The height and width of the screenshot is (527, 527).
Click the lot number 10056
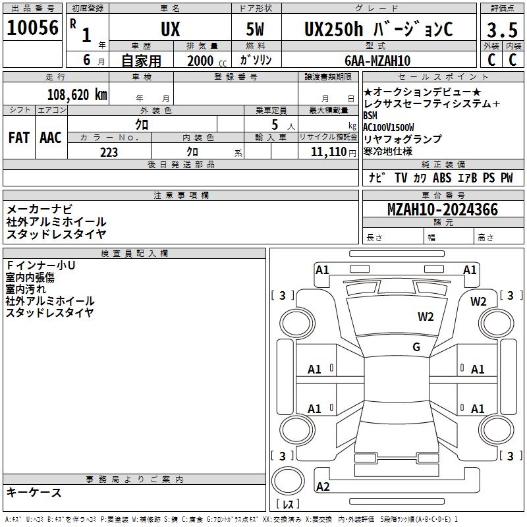(x=33, y=28)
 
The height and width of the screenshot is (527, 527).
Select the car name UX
(x=170, y=30)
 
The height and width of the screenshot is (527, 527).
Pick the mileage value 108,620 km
(x=76, y=94)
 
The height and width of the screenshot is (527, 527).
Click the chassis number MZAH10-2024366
(x=443, y=209)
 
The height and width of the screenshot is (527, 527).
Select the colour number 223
(x=109, y=152)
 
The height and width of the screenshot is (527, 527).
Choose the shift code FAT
(x=19, y=137)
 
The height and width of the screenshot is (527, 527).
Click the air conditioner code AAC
(x=51, y=137)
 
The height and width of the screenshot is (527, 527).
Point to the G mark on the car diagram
(x=416, y=347)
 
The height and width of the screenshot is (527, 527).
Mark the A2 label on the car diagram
(x=323, y=487)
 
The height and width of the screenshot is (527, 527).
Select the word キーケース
(x=34, y=493)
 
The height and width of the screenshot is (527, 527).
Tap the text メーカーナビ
(x=40, y=209)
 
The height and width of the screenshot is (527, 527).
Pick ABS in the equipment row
(x=442, y=178)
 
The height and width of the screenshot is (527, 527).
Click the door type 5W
(x=257, y=30)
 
